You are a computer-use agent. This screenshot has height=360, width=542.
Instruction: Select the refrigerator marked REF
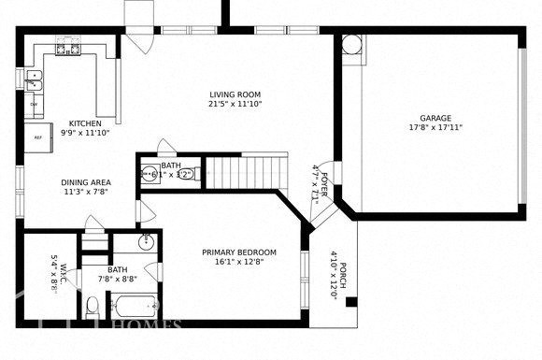pos(38,137)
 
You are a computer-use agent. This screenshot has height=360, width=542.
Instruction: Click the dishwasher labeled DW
pos(35,105)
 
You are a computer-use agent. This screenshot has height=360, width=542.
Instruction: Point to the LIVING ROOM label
pos(234,94)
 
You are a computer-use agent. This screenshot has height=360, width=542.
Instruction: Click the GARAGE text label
pos(435,118)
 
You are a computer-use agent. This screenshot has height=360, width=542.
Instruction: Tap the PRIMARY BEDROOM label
pos(239,252)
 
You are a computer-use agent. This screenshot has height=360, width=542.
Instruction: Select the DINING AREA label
pos(87,183)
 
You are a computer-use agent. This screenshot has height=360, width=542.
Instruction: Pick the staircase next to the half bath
pos(246,171)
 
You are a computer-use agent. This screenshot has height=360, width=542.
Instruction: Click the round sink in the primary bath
pos(147,244)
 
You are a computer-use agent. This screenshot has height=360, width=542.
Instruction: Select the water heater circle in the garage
pos(351,45)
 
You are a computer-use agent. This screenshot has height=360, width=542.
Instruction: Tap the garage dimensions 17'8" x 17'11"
pos(435,128)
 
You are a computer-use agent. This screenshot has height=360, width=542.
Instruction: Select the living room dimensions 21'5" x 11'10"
pos(234,105)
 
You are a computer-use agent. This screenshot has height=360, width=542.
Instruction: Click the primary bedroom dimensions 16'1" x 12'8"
pos(239,263)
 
